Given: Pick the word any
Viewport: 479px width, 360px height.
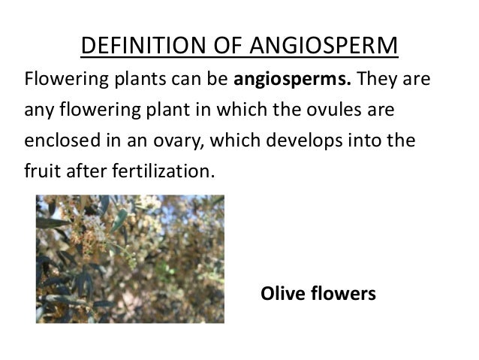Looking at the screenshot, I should tap(38, 112).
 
